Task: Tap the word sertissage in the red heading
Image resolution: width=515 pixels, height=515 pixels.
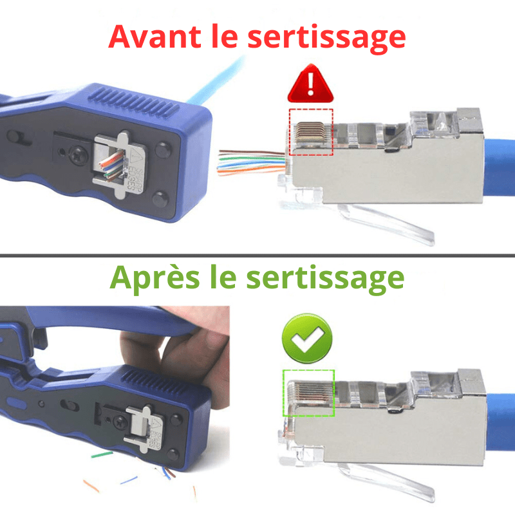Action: tap(326, 38)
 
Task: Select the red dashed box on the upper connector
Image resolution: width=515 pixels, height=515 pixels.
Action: tap(311, 131)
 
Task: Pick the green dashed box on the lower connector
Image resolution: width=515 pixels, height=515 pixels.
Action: tap(309, 392)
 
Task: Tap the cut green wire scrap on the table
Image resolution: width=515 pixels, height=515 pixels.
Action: tap(102, 454)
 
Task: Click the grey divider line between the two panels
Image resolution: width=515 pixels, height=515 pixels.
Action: tap(257, 256)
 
